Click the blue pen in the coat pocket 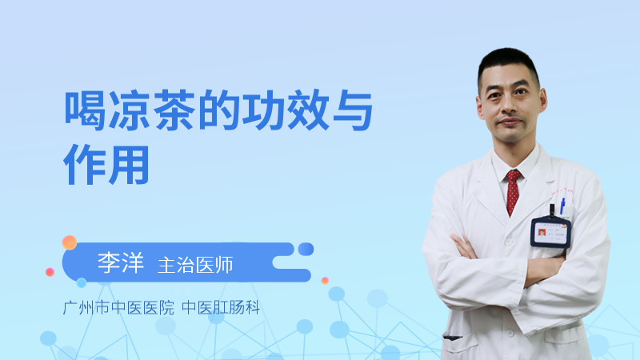point(562,204)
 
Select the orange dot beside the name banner point(70,242)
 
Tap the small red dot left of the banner point(50,272)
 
